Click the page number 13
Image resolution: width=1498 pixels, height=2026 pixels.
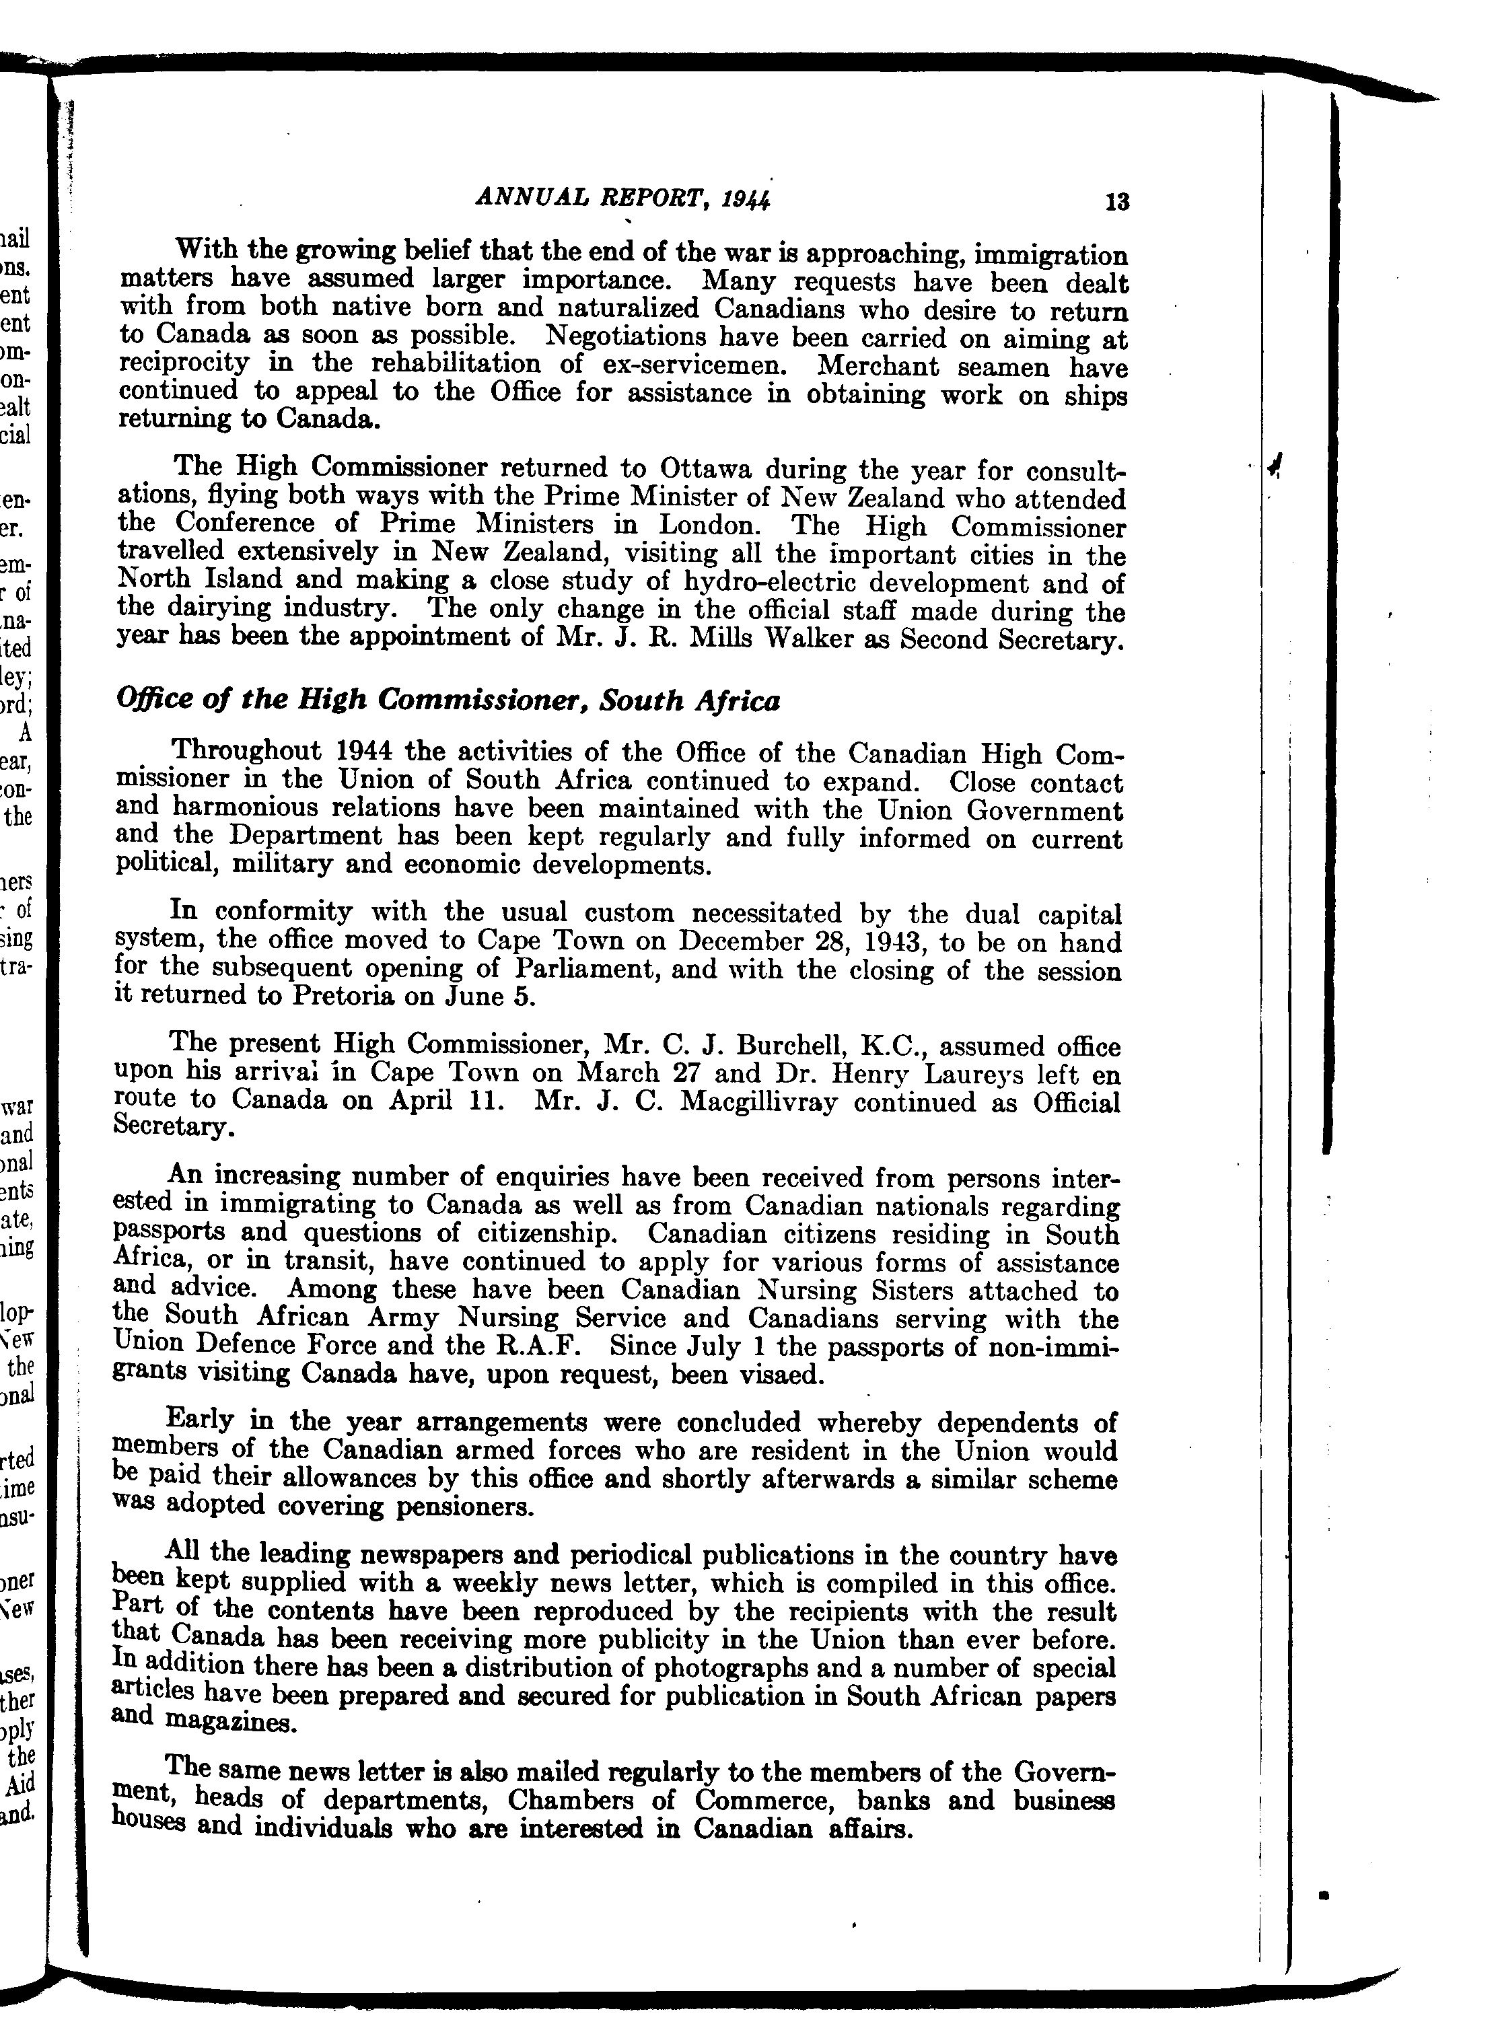1117,202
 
